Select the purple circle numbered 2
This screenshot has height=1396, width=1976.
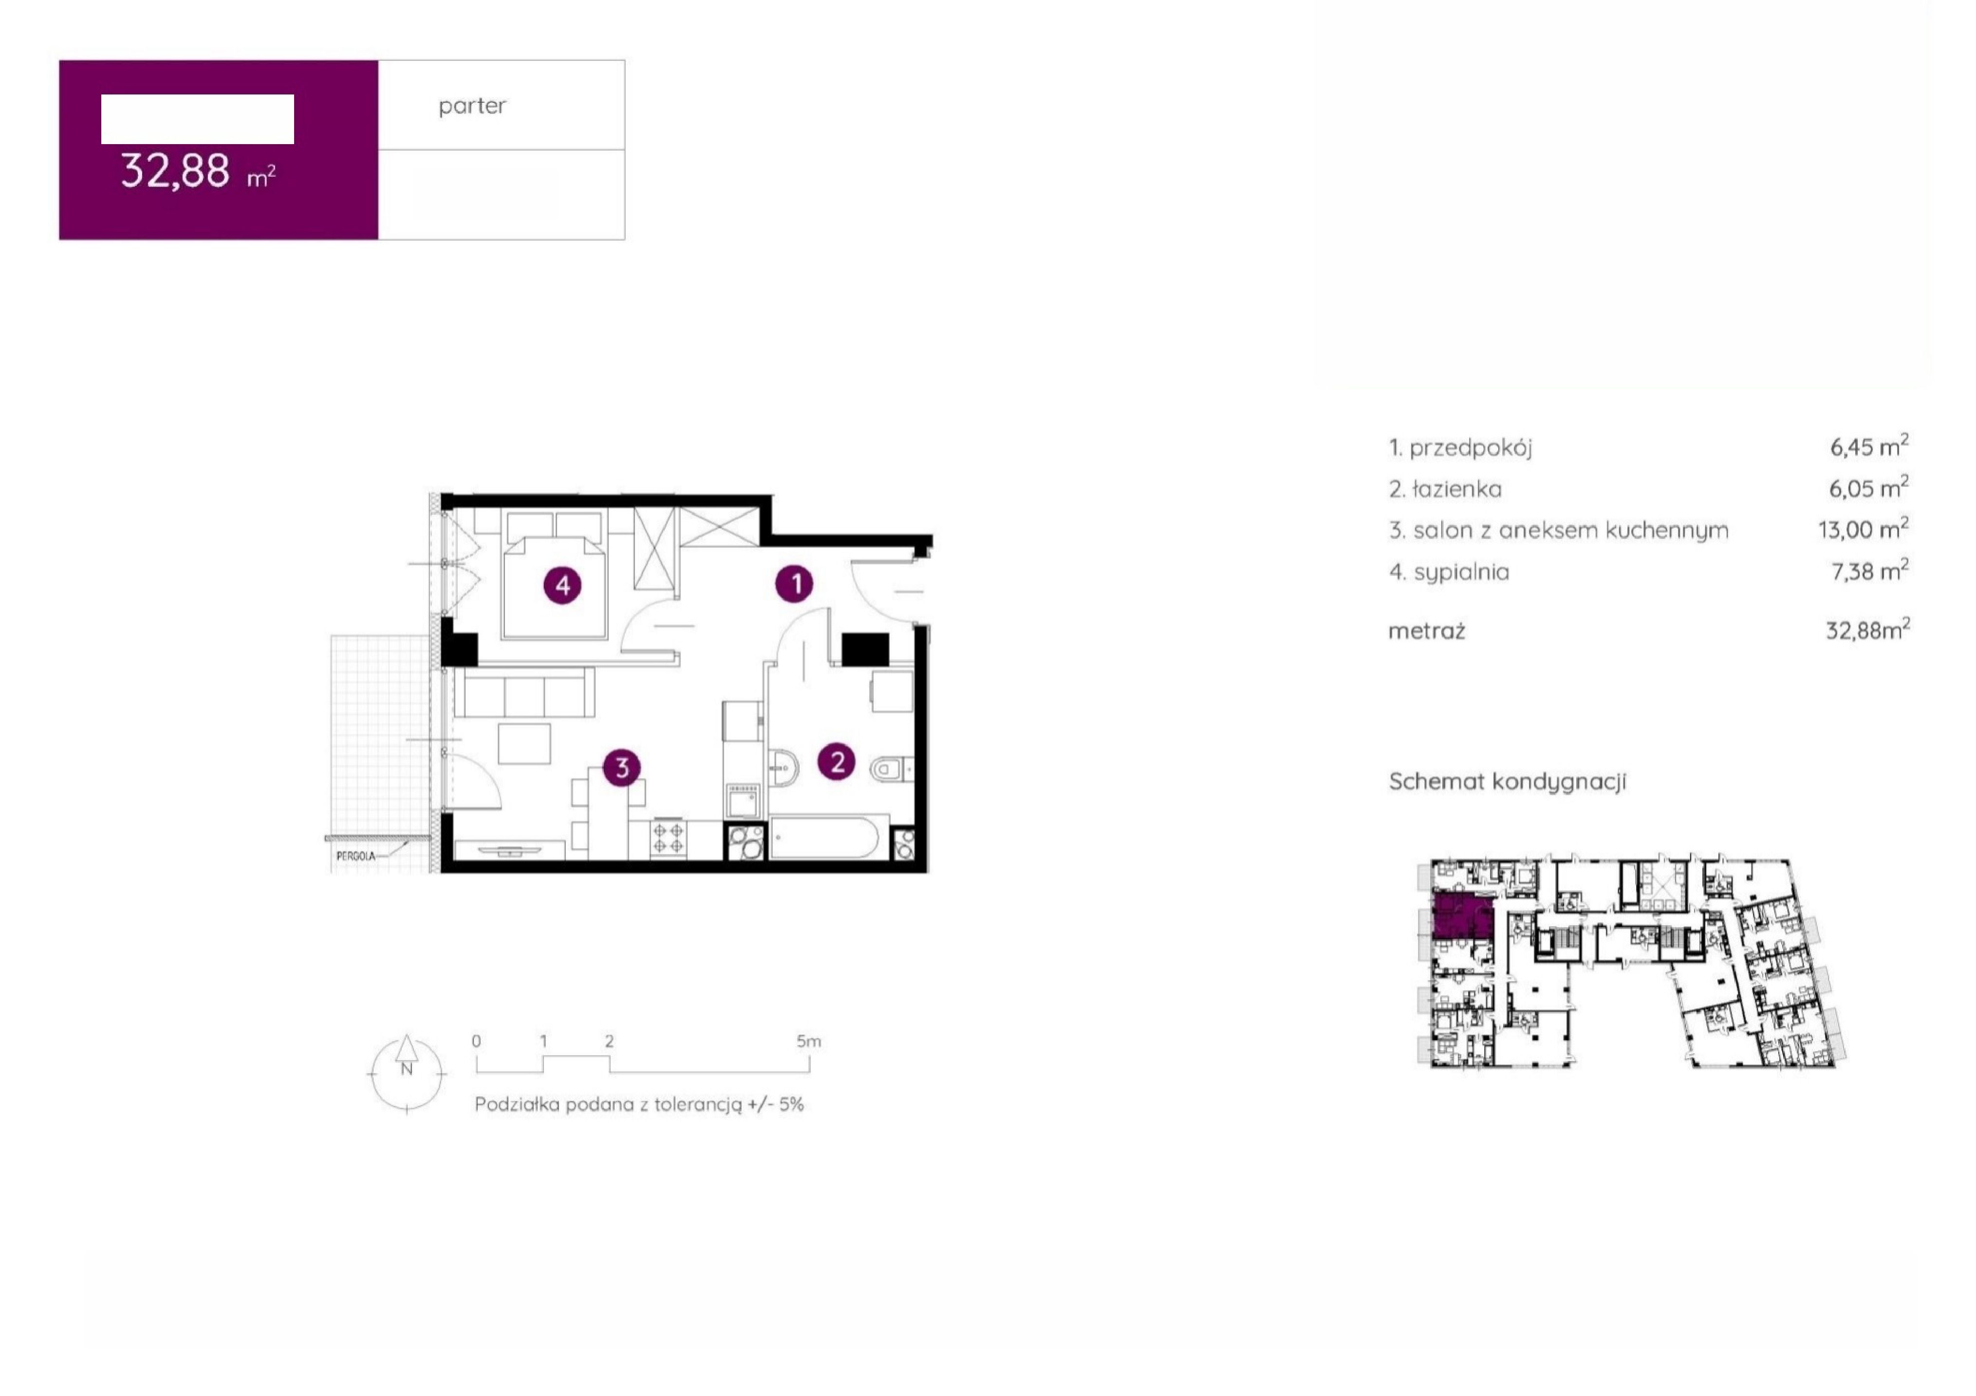(x=837, y=761)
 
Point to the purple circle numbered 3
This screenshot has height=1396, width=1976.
(x=621, y=767)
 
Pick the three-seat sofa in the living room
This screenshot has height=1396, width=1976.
(x=524, y=693)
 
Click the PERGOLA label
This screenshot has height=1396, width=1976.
(x=355, y=856)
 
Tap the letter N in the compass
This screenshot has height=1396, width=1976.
(x=406, y=1069)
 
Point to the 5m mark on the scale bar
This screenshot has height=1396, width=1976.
(x=808, y=1042)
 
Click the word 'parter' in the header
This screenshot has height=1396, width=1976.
(x=472, y=106)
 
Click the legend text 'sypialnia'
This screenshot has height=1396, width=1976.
(x=1461, y=572)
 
